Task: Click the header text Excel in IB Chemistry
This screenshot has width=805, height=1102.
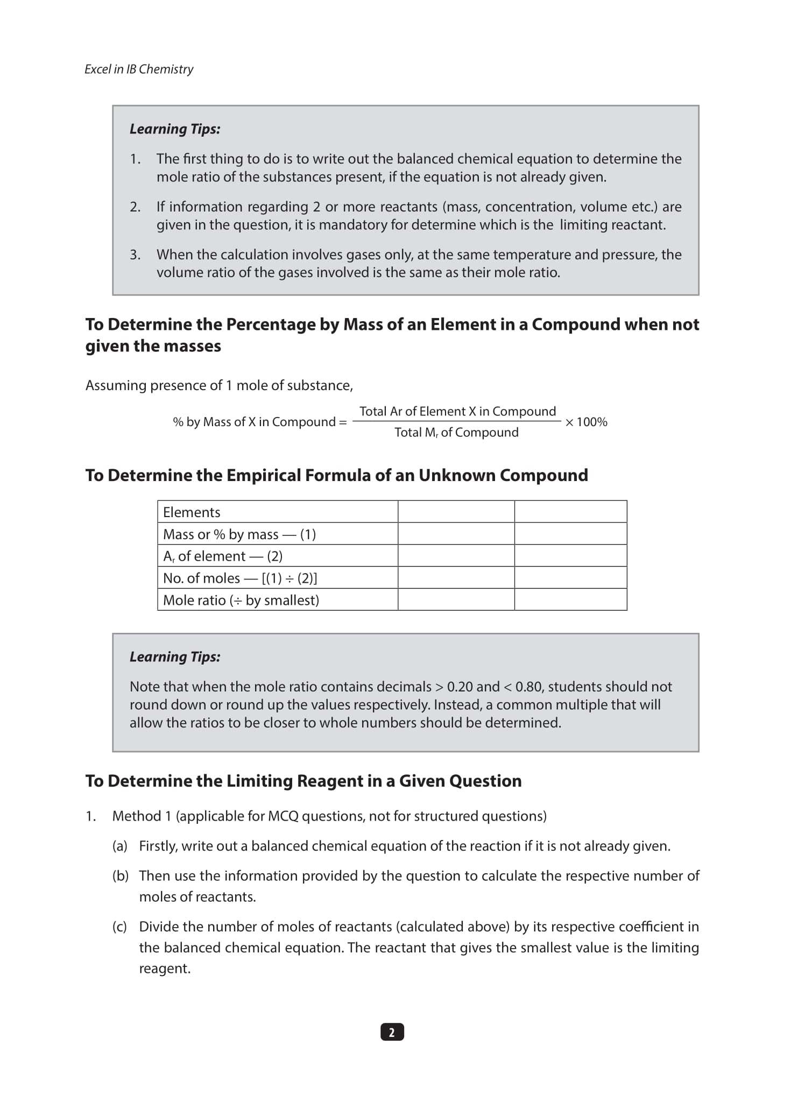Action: pos(139,69)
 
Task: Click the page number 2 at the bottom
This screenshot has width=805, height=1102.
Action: pos(392,1032)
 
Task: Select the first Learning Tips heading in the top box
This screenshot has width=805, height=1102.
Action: pos(175,129)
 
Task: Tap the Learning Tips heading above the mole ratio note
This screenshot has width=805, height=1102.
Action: pos(175,657)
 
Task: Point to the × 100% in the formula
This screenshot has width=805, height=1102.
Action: pos(586,422)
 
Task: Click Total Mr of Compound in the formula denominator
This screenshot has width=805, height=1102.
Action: pos(456,433)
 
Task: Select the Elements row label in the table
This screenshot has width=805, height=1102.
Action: pos(192,512)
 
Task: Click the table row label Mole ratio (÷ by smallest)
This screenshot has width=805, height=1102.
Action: pos(241,600)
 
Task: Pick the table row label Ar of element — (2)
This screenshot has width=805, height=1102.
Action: pos(222,556)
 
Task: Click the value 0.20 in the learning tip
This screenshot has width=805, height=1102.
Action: pos(460,687)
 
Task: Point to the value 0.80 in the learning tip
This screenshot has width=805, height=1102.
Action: pos(528,687)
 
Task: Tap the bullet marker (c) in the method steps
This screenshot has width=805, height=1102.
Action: pos(119,927)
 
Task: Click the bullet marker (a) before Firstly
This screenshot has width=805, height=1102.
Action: pos(119,846)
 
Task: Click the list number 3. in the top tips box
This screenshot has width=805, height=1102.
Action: pos(135,255)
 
